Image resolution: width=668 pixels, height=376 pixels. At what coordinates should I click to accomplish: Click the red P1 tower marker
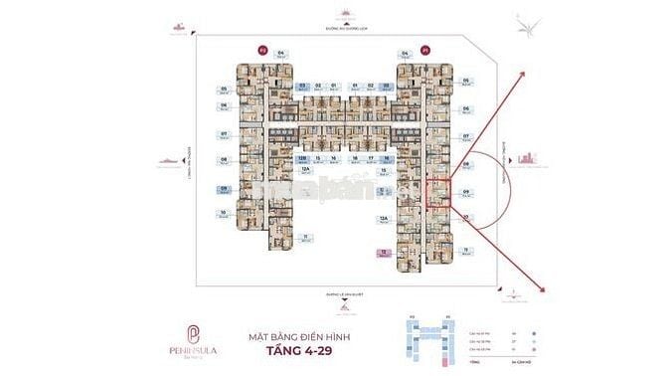pyautogui.click(x=426, y=49)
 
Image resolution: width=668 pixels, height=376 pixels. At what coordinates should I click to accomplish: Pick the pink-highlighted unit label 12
pyautogui.click(x=383, y=255)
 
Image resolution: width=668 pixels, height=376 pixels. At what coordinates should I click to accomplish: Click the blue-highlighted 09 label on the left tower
pyautogui.click(x=224, y=189)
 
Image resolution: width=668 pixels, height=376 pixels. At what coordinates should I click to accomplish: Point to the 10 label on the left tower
pyautogui.click(x=224, y=212)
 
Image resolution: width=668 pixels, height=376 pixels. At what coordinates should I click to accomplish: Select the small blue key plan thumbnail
pyautogui.click(x=428, y=341)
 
